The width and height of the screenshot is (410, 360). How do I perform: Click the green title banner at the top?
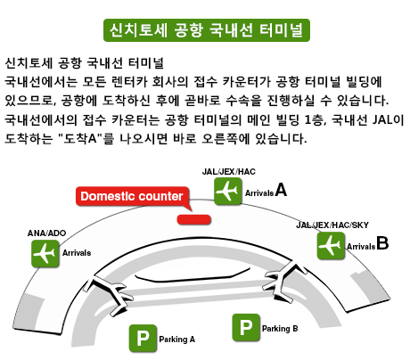click(207, 30)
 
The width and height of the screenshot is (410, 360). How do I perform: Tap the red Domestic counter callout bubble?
click(132, 196)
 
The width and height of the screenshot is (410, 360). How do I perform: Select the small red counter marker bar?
click(194, 219)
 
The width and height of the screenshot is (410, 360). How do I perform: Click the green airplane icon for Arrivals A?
click(227, 192)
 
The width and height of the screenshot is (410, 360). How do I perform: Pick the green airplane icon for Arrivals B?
click(331, 246)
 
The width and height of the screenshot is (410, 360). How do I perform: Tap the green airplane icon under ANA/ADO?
click(45, 253)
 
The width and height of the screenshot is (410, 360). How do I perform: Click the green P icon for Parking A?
click(143, 338)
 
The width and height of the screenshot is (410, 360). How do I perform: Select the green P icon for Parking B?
click(246, 327)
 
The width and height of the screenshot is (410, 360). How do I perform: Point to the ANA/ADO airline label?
click(46, 233)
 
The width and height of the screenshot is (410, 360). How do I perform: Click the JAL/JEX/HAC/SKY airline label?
click(332, 225)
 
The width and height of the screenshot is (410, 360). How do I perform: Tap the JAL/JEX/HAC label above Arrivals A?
click(228, 172)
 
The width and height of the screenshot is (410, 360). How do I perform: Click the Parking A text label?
click(176, 340)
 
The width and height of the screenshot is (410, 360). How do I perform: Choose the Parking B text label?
click(280, 329)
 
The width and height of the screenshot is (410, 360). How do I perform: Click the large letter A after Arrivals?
click(281, 190)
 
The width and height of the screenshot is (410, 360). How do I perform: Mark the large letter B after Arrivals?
click(382, 242)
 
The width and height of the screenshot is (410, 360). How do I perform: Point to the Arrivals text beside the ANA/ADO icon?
click(77, 253)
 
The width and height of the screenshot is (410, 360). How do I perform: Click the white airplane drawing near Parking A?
click(113, 295)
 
